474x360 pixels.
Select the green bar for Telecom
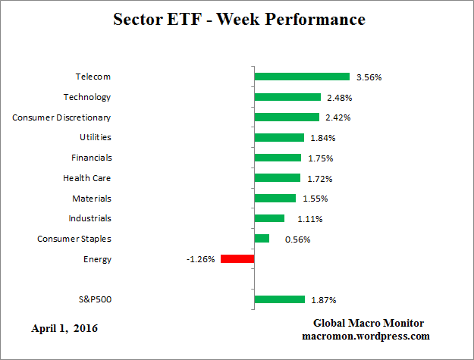coord(302,77)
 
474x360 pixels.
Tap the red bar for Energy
coord(237,258)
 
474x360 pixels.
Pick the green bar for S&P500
coord(279,299)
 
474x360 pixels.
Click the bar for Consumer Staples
coord(262,238)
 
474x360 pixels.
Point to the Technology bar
coord(287,97)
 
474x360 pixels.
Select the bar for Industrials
coord(269,218)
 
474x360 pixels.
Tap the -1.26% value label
coord(201,259)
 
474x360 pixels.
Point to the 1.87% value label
coord(323,300)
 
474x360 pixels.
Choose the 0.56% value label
coord(297,239)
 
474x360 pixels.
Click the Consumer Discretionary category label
coord(62,117)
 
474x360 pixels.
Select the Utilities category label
coord(96,137)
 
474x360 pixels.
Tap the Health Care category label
coord(87,178)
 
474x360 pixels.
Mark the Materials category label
coord(93,198)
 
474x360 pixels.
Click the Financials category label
coord(91,158)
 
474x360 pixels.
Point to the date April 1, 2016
coord(64,328)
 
